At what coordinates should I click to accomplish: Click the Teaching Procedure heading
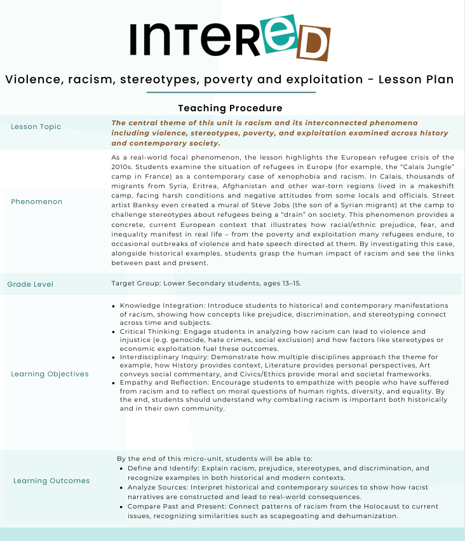(230, 108)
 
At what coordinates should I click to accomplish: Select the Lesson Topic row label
(36, 127)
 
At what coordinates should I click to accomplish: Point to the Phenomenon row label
(37, 202)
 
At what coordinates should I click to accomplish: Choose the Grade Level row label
(30, 284)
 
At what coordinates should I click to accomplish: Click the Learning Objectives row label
(50, 374)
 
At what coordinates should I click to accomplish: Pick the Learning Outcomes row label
(51, 481)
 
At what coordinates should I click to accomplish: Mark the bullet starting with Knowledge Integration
(115, 306)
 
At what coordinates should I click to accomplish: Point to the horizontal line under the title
(231, 93)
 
